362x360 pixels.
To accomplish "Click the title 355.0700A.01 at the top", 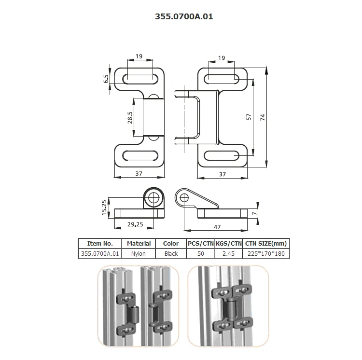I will click(183, 16).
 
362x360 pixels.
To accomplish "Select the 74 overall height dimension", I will click(263, 117).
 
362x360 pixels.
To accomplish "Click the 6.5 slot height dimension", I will click(106, 79).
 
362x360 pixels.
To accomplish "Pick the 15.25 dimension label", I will click(104, 208).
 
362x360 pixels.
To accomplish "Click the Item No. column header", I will click(99, 244).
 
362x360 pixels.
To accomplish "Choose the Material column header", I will click(139, 244).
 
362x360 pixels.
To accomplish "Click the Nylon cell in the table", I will click(139, 253).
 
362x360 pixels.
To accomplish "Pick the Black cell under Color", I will click(171, 253).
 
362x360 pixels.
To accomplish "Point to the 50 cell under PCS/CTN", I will click(201, 253).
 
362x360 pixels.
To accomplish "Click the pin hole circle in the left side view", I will click(154, 197).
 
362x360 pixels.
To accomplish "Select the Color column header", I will click(171, 244).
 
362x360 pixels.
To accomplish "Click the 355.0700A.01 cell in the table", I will click(99, 253).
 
